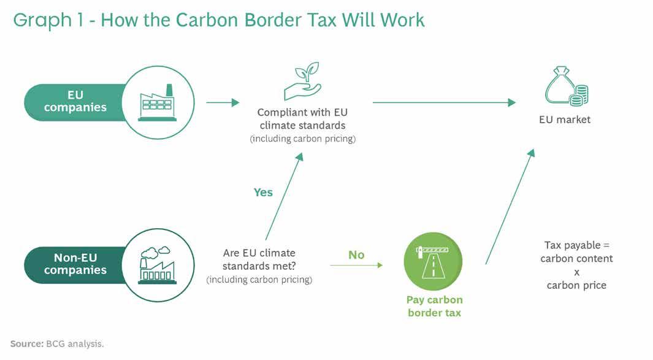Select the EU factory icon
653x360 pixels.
tap(157, 102)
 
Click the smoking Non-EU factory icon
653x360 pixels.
tap(157, 264)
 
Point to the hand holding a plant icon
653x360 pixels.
tap(302, 81)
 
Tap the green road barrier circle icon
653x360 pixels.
tap(433, 261)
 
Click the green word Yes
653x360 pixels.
tap(263, 193)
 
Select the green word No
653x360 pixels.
tap(356, 255)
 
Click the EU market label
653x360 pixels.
tap(564, 120)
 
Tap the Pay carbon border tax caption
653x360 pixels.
tap(434, 306)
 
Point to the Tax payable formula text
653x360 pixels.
tap(576, 265)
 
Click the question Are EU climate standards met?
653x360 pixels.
tap(259, 258)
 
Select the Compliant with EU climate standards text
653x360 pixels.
tap(302, 119)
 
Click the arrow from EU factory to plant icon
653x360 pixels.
tap(223, 102)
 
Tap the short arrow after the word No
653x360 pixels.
tap(356, 265)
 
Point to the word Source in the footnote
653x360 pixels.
tap(26, 343)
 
